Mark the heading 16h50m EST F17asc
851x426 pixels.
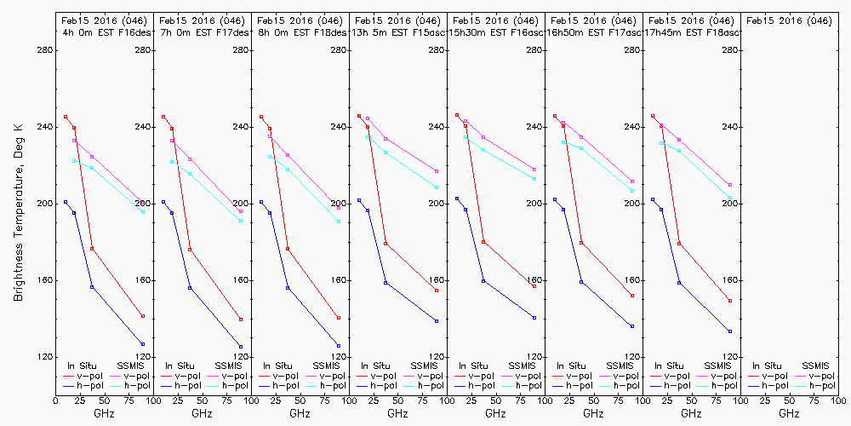pos(593,32)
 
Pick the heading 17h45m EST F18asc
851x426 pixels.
pos(691,32)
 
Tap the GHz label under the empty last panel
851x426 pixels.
pos(789,413)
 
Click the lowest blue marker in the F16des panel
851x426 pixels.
pos(143,343)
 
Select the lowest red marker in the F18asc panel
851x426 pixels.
pos(730,301)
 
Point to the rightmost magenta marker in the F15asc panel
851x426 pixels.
pos(437,171)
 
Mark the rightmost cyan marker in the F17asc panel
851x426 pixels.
pos(632,191)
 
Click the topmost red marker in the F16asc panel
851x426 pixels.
pos(457,115)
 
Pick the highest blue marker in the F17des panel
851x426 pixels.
pos(163,202)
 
